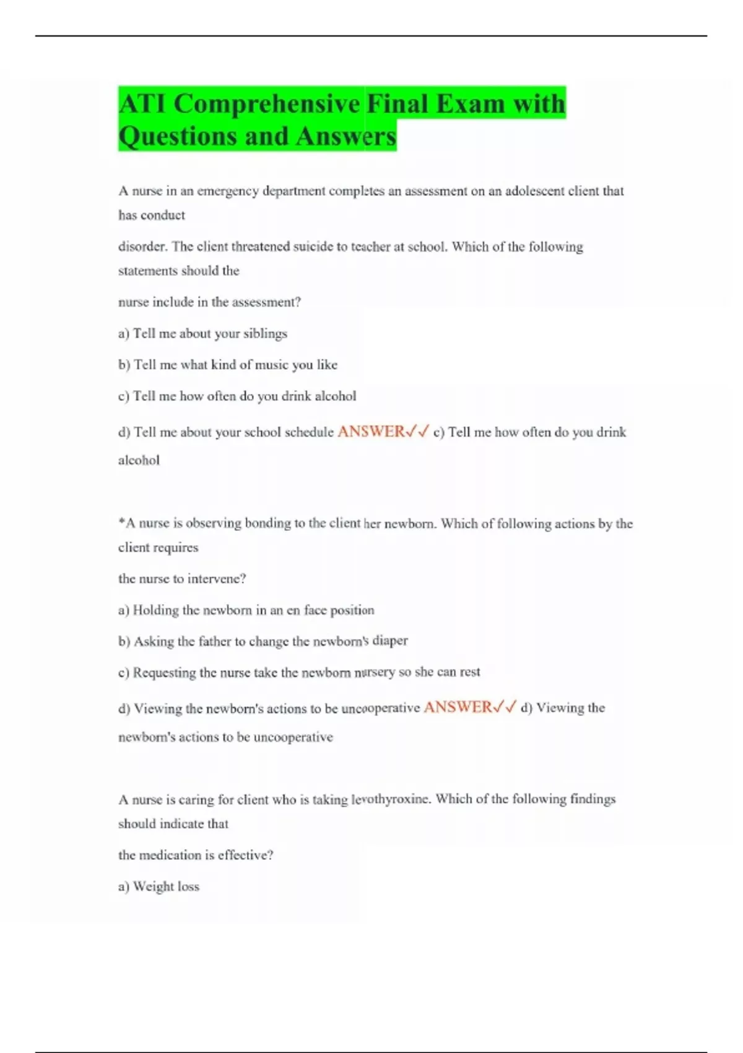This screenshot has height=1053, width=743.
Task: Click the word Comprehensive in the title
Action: [x=266, y=103]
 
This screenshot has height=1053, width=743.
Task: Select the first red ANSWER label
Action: [x=371, y=432]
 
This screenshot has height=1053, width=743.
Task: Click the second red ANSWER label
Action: [x=458, y=707]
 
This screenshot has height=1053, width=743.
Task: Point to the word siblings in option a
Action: [x=265, y=334]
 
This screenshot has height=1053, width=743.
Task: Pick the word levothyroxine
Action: [x=390, y=799]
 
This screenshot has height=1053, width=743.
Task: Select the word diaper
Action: [x=389, y=641]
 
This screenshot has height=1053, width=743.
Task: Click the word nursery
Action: [x=374, y=672]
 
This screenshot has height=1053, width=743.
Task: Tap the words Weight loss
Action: [x=166, y=886]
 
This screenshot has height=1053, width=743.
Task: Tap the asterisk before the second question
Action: [x=121, y=523]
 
